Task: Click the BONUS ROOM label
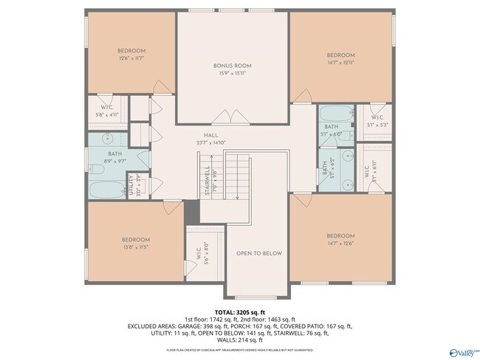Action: tap(233, 66)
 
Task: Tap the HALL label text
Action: tap(211, 136)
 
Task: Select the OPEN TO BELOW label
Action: tap(259, 253)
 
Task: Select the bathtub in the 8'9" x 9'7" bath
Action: tap(108, 190)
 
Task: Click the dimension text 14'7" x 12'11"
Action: tap(340, 63)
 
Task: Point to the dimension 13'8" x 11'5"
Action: tap(136, 247)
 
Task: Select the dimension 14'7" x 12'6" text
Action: tap(340, 243)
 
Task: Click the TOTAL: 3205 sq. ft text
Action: tap(239, 312)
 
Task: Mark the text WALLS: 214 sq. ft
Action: tap(239, 339)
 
